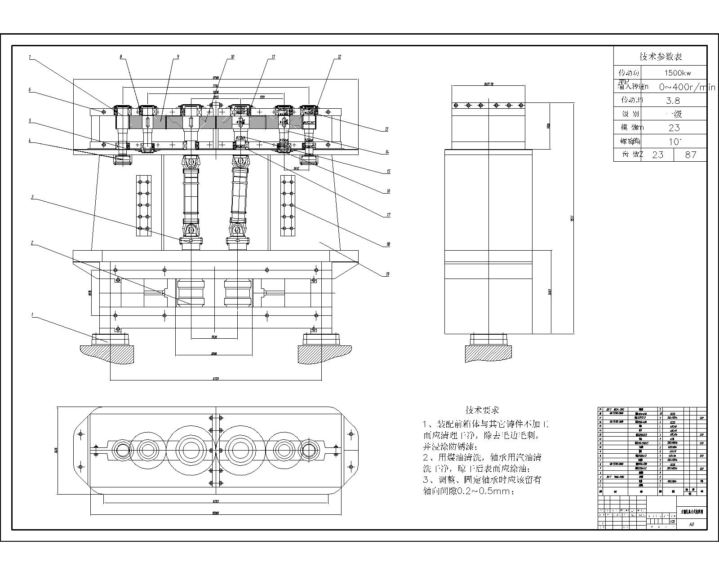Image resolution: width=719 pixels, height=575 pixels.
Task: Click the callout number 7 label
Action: click(30, 57)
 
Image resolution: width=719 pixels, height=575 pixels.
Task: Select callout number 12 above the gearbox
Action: click(340, 57)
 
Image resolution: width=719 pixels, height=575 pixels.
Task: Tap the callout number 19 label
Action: click(387, 274)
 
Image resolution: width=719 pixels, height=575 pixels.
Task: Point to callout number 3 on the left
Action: click(32, 197)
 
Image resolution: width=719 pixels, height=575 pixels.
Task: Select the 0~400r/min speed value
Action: click(687, 87)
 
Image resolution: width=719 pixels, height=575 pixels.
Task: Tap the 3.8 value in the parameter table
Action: click(674, 100)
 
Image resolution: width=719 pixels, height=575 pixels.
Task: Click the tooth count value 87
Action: click(691, 155)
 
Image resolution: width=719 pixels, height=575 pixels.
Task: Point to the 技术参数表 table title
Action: click(661, 57)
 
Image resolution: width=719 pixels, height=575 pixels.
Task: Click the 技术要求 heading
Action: click(482, 410)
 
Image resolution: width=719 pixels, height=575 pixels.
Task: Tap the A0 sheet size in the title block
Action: click(692, 524)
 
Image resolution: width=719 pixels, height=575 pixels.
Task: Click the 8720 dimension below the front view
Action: click(216, 379)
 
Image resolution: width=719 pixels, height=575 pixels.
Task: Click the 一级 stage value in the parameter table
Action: click(674, 114)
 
